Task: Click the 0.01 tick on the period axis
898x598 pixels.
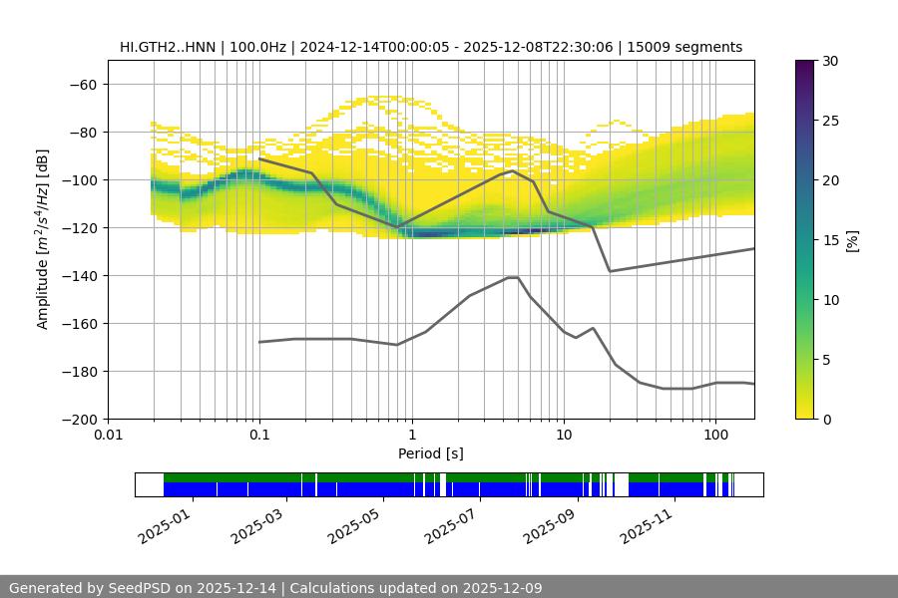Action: (x=108, y=435)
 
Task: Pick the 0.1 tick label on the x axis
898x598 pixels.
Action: (x=259, y=435)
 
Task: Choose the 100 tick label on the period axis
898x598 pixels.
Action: (x=714, y=435)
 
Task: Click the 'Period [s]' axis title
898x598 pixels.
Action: (x=431, y=453)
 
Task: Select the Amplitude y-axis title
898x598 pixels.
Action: (x=43, y=239)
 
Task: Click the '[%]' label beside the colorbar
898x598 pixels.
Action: (x=852, y=240)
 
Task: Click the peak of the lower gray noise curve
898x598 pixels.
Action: (x=513, y=277)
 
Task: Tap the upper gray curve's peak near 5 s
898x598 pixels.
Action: (x=513, y=170)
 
